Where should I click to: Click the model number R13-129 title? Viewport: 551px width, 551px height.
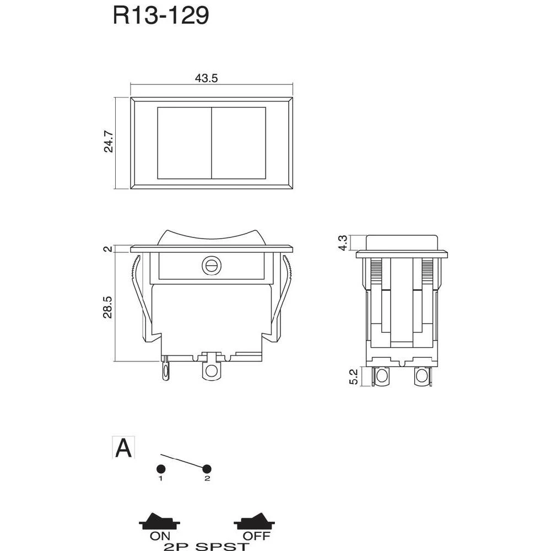pyautogui.click(x=161, y=16)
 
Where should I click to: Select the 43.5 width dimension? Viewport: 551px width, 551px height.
pyautogui.click(x=206, y=78)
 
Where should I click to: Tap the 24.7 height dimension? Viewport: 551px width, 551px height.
pyautogui.click(x=108, y=142)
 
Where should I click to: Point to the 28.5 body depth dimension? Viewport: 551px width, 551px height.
pyautogui.click(x=108, y=307)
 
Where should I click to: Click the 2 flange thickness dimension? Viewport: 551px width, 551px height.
pyautogui.click(x=108, y=249)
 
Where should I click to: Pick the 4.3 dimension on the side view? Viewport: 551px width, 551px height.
pyautogui.click(x=343, y=243)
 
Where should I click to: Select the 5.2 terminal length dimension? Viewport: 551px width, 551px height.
pyautogui.click(x=354, y=377)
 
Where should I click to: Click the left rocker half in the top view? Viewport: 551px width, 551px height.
pyautogui.click(x=184, y=143)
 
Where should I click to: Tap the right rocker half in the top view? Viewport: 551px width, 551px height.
pyautogui.click(x=239, y=143)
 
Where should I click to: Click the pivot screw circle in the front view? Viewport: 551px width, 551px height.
pyautogui.click(x=209, y=266)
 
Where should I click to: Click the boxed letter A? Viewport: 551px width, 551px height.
pyautogui.click(x=123, y=448)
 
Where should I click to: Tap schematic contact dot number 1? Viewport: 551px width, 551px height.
pyautogui.click(x=160, y=469)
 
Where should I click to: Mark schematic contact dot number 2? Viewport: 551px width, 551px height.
pyautogui.click(x=207, y=469)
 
